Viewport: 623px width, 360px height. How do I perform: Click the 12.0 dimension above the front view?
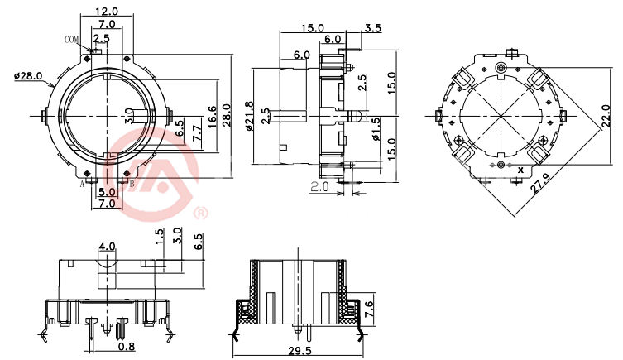pyautogui.click(x=107, y=11)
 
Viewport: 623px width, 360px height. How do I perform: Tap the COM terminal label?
pyautogui.click(x=71, y=40)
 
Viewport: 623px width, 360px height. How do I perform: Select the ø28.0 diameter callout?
pyautogui.click(x=27, y=76)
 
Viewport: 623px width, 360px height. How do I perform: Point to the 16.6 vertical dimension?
pyautogui.click(x=212, y=116)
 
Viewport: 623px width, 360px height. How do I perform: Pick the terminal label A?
pyautogui.click(x=82, y=184)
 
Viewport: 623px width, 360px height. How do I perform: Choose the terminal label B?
pyautogui.click(x=132, y=184)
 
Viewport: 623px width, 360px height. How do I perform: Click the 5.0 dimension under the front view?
pyautogui.click(x=107, y=192)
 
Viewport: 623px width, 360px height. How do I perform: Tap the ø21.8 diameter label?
pyautogui.click(x=249, y=116)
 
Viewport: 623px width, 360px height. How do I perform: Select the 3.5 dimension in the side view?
pyautogui.click(x=372, y=28)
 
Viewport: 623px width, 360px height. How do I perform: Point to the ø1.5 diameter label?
pyautogui.click(x=376, y=129)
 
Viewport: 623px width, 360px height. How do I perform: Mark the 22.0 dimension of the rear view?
pyautogui.click(x=606, y=116)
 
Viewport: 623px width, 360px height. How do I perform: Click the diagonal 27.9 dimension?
pyautogui.click(x=541, y=182)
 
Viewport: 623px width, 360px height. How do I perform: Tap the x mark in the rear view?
pyautogui.click(x=520, y=170)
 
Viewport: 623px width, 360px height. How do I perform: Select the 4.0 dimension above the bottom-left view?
pyautogui.click(x=107, y=247)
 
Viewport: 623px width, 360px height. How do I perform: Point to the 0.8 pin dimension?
pyautogui.click(x=127, y=347)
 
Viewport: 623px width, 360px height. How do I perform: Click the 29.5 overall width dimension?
pyautogui.click(x=300, y=351)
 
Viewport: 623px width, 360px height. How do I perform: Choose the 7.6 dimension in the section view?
pyautogui.click(x=368, y=310)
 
